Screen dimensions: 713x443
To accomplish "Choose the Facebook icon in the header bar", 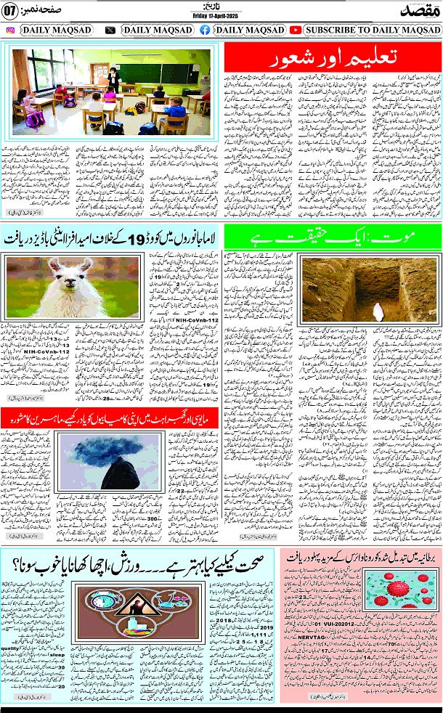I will point(205,30).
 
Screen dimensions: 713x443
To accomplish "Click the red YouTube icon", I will point(296,30).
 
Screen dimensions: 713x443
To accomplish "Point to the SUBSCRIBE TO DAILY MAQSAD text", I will point(373,30).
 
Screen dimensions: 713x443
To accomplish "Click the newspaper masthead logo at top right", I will point(418,10).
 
